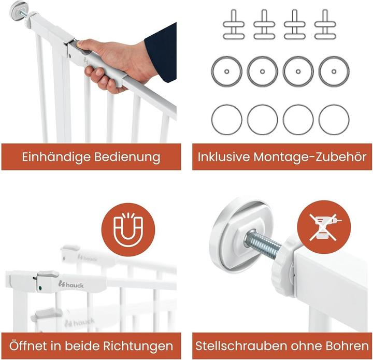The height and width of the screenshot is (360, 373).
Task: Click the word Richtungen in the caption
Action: coord(139,345)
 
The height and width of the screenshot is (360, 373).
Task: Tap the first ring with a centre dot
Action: coord(227,71)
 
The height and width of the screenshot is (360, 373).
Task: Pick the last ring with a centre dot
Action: coord(333,71)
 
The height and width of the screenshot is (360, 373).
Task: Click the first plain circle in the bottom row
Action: coord(227,119)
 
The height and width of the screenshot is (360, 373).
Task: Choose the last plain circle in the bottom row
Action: coord(333,119)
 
